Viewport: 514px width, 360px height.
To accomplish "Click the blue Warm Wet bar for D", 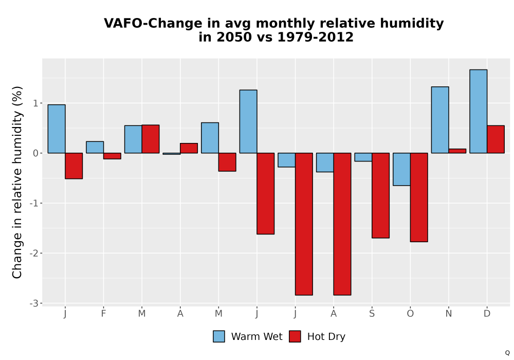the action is pyautogui.click(x=478, y=112).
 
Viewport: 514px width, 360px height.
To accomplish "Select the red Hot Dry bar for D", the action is pyautogui.click(x=495, y=139).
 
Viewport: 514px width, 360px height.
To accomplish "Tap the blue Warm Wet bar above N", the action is pyautogui.click(x=440, y=120).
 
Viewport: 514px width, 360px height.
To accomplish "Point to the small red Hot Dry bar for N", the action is pyautogui.click(x=457, y=151).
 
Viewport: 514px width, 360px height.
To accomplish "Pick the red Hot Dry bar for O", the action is pyautogui.click(x=419, y=197).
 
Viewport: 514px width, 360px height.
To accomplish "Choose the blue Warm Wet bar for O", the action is pyautogui.click(x=401, y=169).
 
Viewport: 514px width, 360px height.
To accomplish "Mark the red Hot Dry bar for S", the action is pyautogui.click(x=380, y=195).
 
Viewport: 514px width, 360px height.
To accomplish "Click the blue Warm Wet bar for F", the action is pyautogui.click(x=95, y=147).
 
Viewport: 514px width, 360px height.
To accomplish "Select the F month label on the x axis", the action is pyautogui.click(x=103, y=314).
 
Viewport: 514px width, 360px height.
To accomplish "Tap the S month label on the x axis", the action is pyautogui.click(x=372, y=314).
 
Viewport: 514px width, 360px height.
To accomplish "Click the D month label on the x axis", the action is pyautogui.click(x=487, y=314).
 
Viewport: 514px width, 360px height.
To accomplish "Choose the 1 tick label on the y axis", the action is pyautogui.click(x=36, y=103).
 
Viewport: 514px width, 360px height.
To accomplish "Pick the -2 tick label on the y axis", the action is pyautogui.click(x=34, y=253).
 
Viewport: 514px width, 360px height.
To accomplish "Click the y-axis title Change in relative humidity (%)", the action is pyautogui.click(x=17, y=182).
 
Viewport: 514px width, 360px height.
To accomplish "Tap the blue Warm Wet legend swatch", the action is pyautogui.click(x=219, y=336).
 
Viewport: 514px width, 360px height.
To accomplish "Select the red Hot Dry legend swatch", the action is pyautogui.click(x=295, y=336).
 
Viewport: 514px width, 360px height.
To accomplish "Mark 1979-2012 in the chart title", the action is pyautogui.click(x=316, y=37).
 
